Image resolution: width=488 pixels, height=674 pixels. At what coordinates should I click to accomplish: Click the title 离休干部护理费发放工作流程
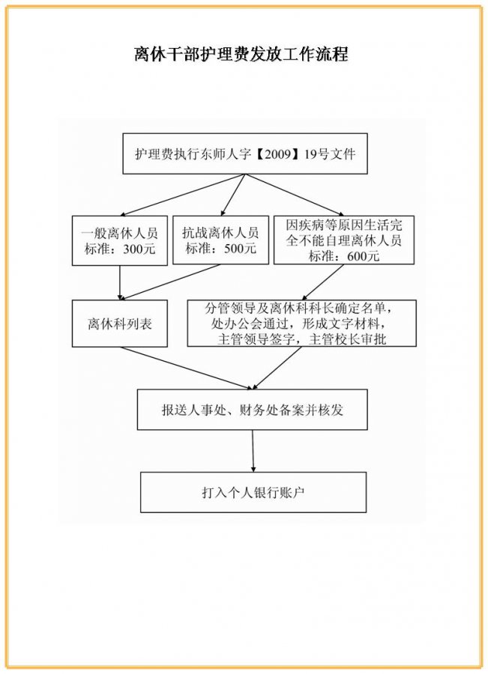[x=241, y=54]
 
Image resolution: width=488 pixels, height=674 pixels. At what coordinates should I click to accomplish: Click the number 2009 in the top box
[x=278, y=154]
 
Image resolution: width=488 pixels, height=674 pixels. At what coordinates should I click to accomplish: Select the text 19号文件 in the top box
[x=330, y=154]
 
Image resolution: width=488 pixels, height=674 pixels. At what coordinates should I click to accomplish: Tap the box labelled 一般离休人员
[x=120, y=240]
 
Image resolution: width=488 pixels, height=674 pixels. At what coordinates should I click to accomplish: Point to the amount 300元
[x=139, y=249]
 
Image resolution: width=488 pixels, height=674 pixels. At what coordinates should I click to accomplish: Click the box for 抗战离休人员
[x=220, y=240]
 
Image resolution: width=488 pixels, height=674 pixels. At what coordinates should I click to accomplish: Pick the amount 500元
[x=240, y=248]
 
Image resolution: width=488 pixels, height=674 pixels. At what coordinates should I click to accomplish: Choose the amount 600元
[x=364, y=256]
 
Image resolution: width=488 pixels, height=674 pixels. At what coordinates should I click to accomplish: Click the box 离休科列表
[x=120, y=324]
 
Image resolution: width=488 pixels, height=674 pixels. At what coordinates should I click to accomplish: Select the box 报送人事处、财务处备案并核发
[x=252, y=410]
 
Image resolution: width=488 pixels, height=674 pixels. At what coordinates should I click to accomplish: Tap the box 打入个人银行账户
[x=253, y=492]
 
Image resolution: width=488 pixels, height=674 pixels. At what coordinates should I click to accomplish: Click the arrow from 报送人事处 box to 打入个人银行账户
[x=253, y=451]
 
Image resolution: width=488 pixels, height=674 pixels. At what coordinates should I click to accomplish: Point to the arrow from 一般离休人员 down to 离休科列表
[x=120, y=283]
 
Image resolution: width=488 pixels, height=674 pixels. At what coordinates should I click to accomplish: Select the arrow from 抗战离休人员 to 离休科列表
[x=169, y=282]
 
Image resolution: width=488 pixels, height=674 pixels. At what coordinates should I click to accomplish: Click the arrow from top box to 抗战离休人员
[x=233, y=194]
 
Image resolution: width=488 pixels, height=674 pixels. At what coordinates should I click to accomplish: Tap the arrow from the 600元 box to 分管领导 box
[x=323, y=282]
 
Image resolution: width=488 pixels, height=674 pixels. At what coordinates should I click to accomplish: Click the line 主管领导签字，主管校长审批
[x=302, y=339]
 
